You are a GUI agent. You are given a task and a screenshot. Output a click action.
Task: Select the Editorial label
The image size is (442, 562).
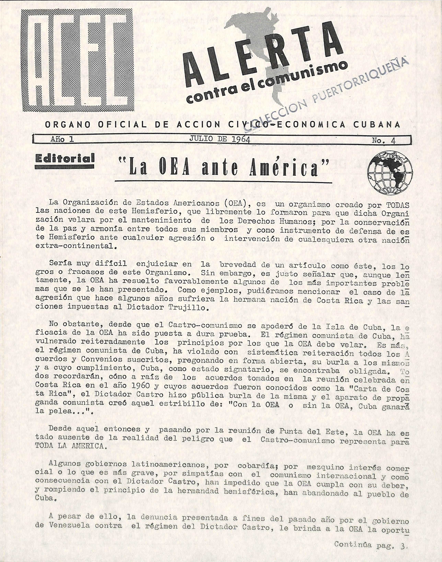coord(64,158)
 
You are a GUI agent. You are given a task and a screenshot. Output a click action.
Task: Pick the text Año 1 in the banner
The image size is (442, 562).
coord(62,139)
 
